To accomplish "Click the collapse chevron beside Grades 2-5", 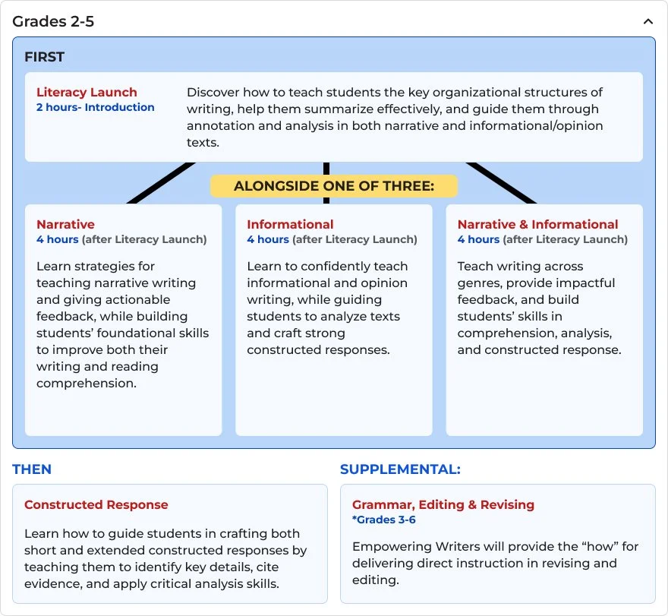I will [648, 22].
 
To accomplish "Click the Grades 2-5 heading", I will [53, 21].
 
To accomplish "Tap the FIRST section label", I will [44, 57].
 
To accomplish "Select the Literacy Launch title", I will [87, 93].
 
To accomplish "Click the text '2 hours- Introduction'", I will [95, 107].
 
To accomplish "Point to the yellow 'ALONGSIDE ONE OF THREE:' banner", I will [333, 186].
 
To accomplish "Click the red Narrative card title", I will [65, 224].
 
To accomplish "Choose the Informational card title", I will [290, 224].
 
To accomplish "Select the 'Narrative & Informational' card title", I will [537, 224].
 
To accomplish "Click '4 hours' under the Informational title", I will [267, 239].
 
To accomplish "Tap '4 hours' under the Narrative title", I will [57, 239].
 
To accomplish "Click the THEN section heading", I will [32, 469].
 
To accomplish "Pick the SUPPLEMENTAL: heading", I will [400, 469].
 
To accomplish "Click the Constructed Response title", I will [96, 504].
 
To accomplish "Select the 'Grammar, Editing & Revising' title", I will [443, 504].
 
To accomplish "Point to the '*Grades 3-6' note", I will [383, 520].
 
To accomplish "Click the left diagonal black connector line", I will [162, 183].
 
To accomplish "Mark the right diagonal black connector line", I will [502, 183].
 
